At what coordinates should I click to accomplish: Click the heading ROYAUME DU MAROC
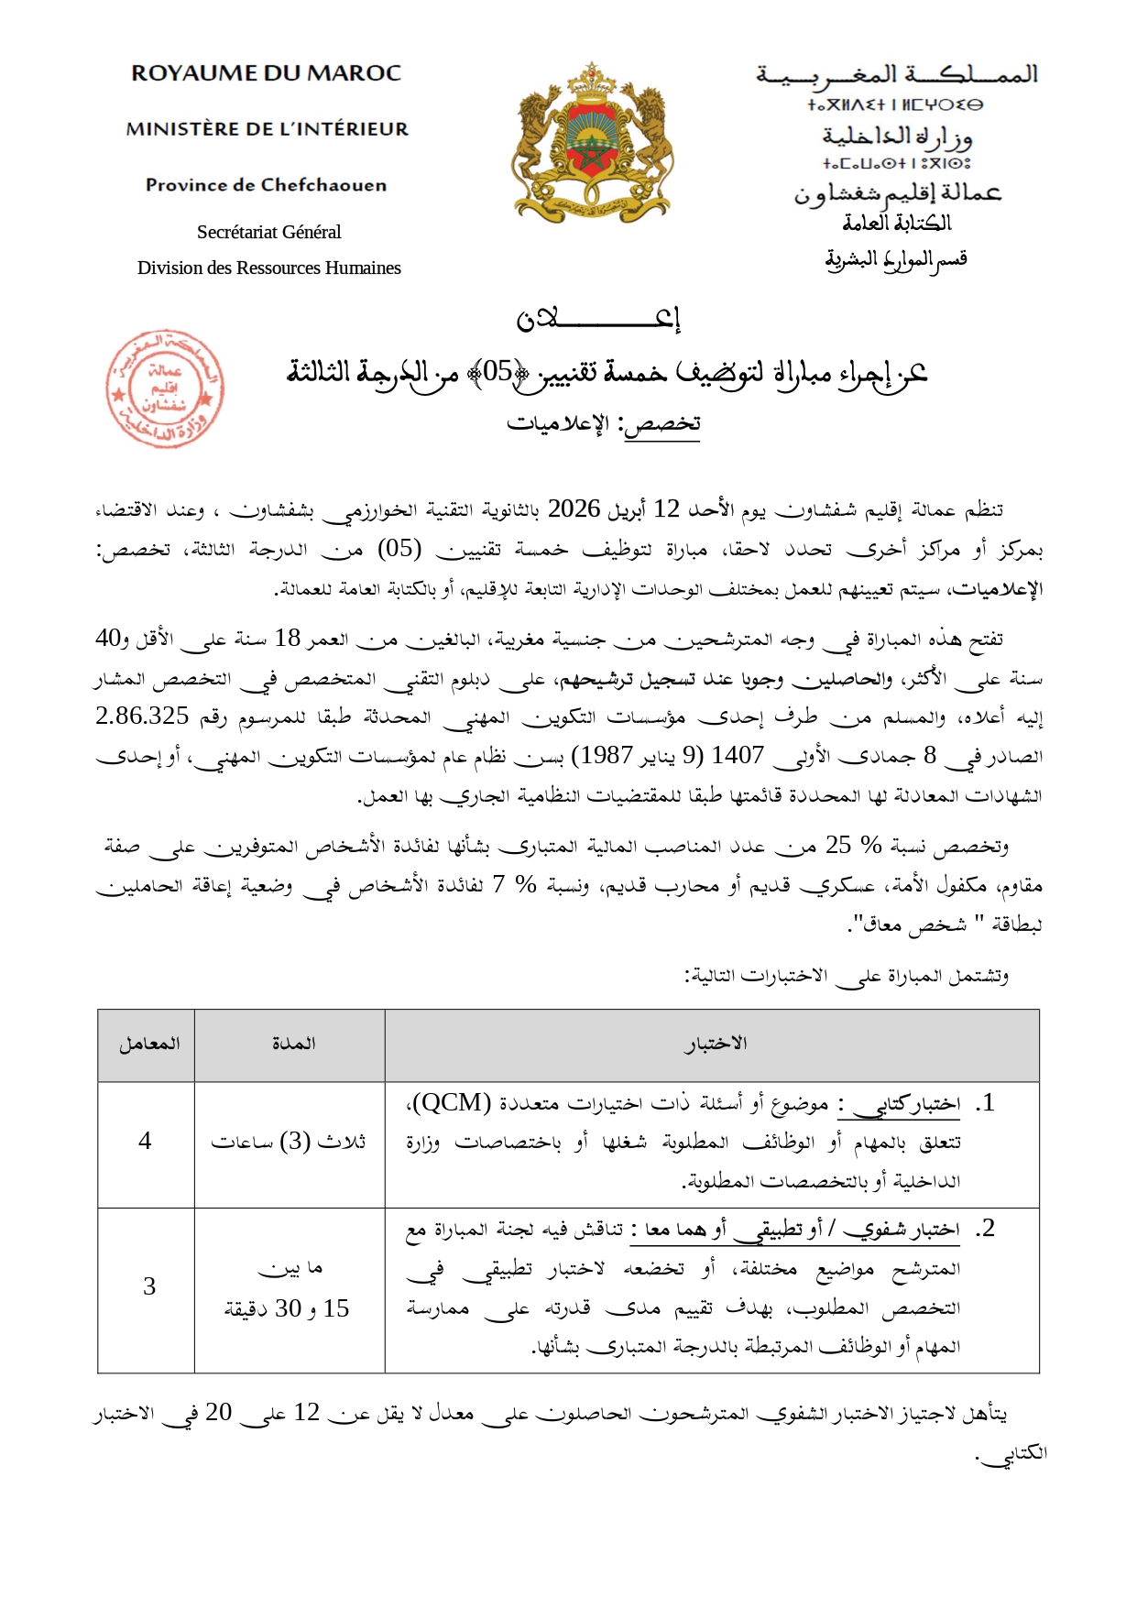266,73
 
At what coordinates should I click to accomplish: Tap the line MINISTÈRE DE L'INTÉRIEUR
268,129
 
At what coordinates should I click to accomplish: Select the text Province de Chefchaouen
266,185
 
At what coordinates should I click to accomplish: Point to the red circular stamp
164,388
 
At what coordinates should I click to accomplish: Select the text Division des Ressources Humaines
268,268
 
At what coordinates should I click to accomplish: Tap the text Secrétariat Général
268,232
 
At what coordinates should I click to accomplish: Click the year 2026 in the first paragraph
574,509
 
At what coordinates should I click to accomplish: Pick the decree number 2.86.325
142,716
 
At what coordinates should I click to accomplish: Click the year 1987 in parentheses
602,755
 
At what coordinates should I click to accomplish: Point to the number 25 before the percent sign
837,845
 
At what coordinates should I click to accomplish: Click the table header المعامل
148,1045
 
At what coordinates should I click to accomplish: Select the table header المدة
293,1045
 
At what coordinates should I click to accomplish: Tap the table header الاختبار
715,1045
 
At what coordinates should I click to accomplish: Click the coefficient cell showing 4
145,1142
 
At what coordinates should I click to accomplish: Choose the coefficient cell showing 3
148,1287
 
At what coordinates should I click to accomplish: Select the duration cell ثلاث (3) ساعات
289,1142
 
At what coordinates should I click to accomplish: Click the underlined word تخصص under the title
662,423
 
